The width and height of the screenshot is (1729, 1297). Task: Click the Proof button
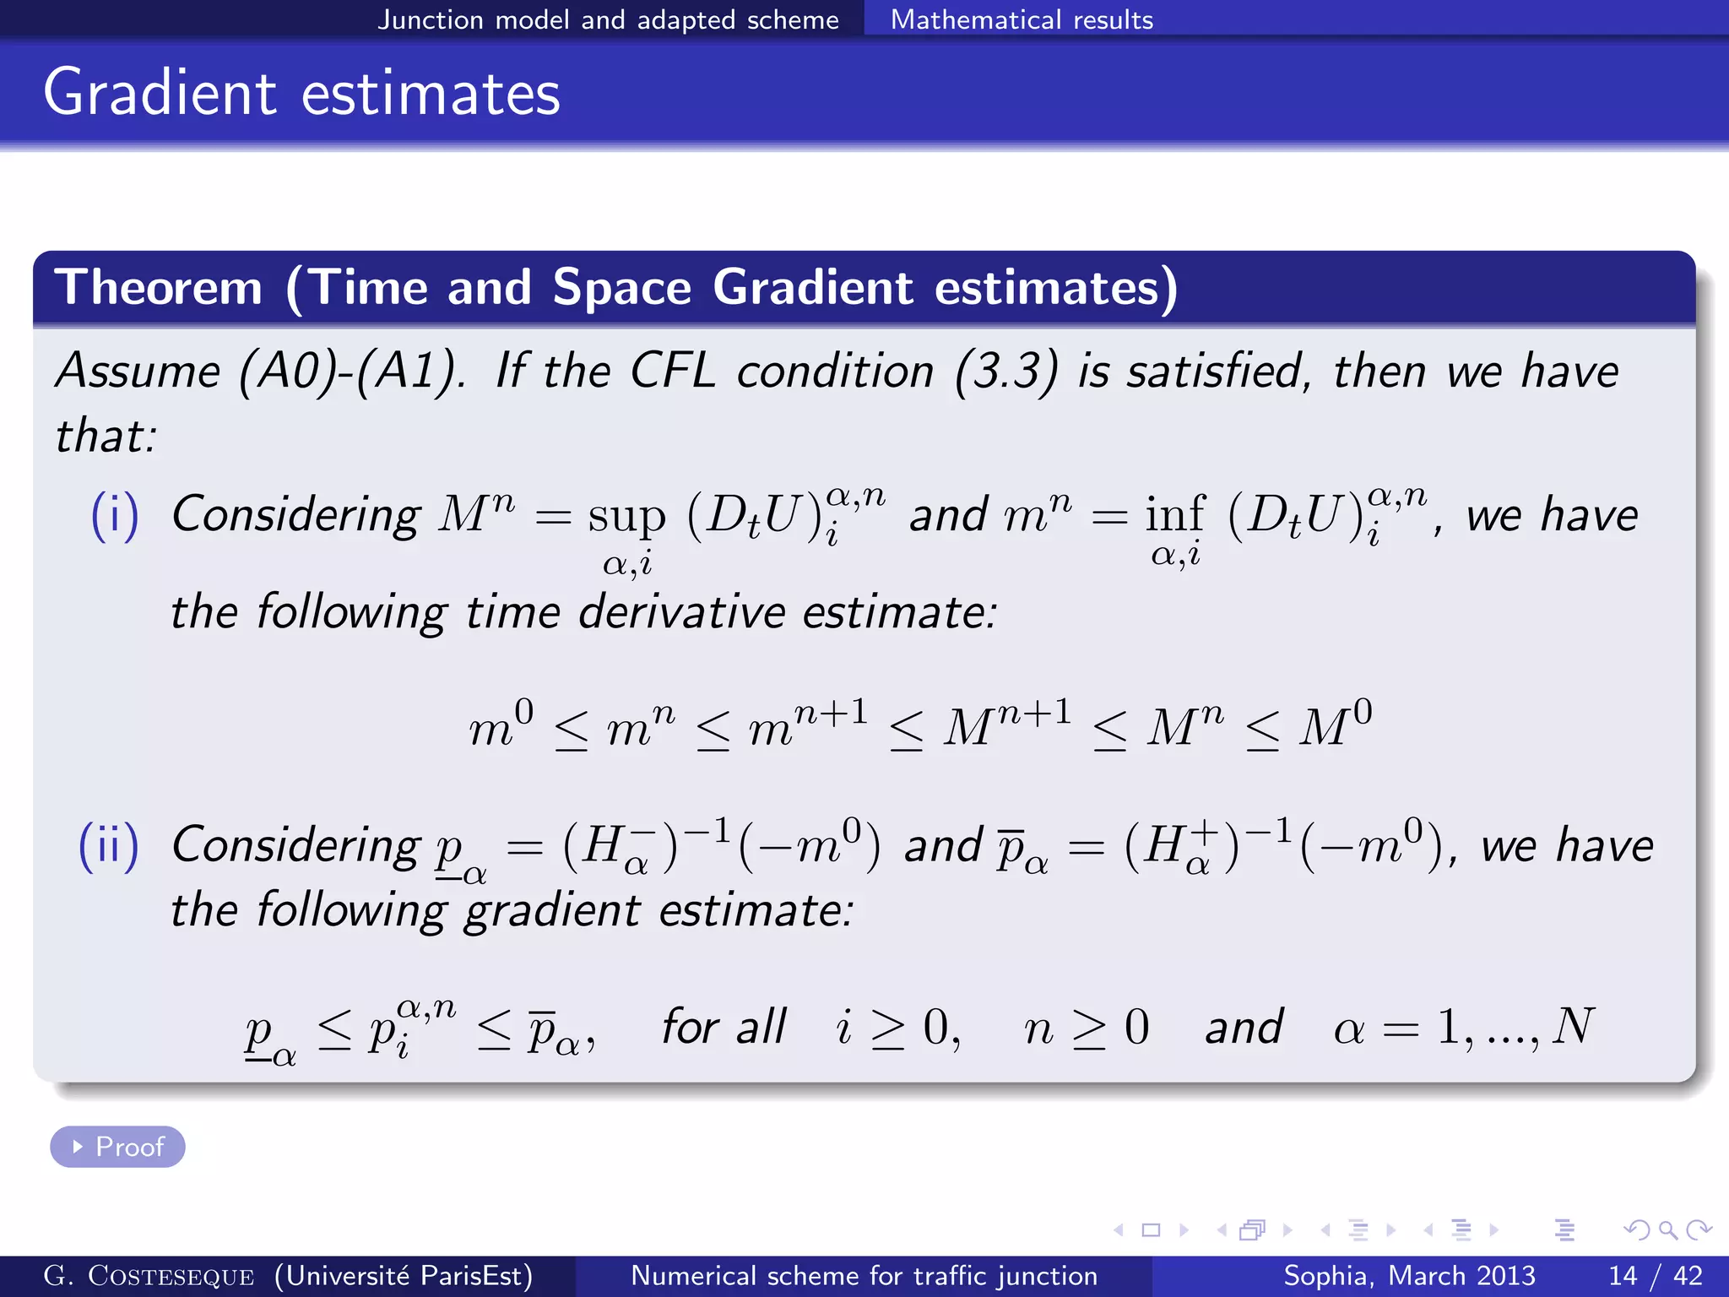click(117, 1147)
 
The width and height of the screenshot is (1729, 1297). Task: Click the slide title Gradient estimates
click(301, 93)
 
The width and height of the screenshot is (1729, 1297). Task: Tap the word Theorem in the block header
click(159, 288)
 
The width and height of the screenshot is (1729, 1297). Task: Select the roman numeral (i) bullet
click(115, 515)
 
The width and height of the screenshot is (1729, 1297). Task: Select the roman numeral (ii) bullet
click(108, 844)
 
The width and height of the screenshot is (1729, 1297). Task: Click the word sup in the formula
click(626, 515)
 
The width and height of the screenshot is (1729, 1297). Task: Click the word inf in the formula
click(1175, 513)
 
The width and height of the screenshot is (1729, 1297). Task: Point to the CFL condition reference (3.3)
click(1006, 372)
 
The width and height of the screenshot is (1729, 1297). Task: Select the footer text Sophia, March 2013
click(1409, 1275)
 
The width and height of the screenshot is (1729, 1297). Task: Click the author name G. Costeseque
click(149, 1275)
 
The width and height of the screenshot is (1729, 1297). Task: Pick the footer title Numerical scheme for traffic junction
click(864, 1275)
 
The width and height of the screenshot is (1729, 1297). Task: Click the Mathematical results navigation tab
click(1022, 19)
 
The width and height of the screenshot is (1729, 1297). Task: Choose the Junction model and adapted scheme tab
click(608, 19)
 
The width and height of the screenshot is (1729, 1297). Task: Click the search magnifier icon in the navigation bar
click(1668, 1230)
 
